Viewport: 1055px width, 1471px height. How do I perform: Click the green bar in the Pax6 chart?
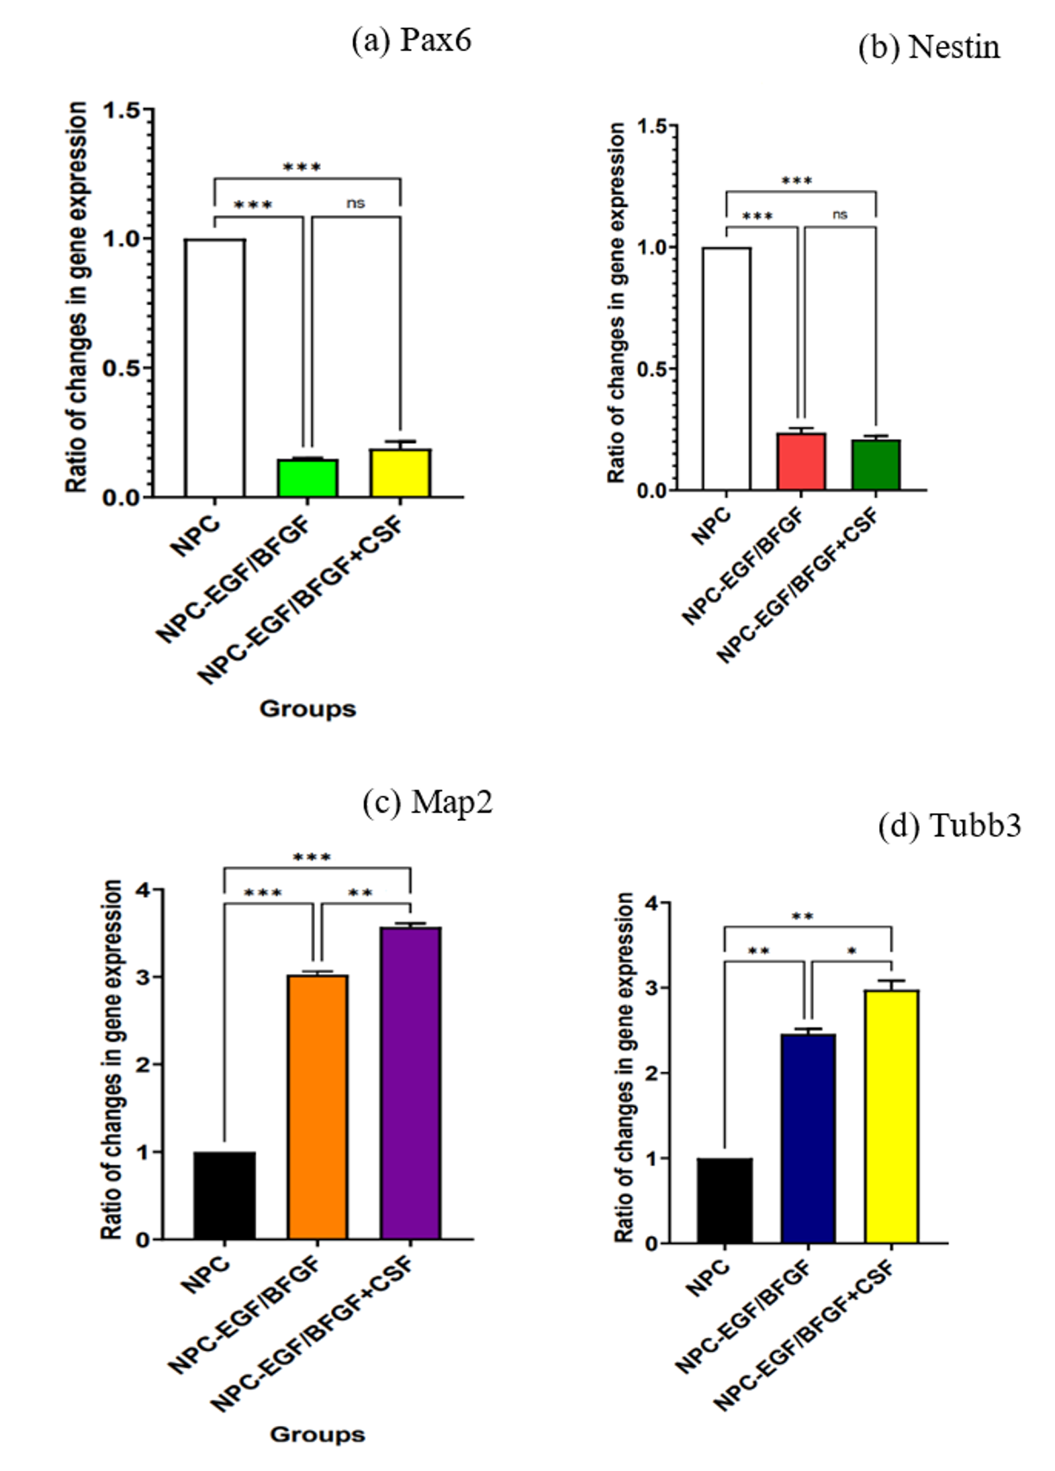tap(308, 478)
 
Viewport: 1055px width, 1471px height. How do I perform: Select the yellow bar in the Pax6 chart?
tap(400, 473)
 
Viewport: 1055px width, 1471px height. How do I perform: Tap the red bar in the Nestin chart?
tap(801, 461)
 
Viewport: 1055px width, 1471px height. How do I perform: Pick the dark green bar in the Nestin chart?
tap(876, 465)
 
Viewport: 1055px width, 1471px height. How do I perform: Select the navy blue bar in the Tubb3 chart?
tap(808, 1139)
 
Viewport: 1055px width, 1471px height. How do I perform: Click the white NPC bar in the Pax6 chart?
tap(215, 368)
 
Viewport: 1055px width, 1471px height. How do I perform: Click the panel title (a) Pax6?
tap(412, 40)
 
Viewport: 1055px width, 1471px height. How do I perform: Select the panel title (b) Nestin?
tap(929, 47)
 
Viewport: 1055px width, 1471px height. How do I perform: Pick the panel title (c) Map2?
tap(428, 802)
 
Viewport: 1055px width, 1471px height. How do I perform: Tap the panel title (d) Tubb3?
tap(950, 825)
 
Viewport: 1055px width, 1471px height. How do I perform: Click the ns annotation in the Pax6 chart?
tap(356, 203)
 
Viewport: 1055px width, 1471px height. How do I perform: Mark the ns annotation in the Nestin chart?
tap(840, 215)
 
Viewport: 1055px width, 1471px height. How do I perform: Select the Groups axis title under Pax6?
tap(308, 709)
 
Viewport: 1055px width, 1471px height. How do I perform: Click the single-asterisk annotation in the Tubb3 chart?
tap(852, 951)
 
